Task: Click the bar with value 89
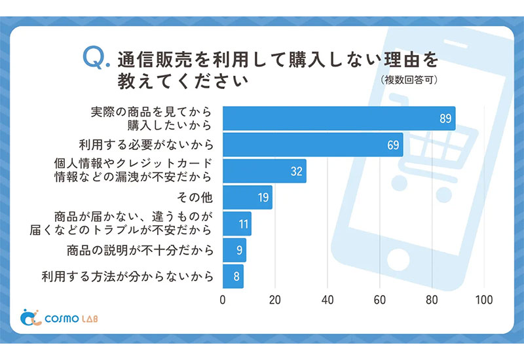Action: (x=339, y=118)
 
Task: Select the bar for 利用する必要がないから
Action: (x=312, y=145)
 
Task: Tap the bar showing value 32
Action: (x=264, y=171)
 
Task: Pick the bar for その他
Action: (x=247, y=197)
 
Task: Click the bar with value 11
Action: (x=236, y=223)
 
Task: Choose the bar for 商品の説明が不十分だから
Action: (x=234, y=249)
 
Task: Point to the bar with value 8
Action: (x=233, y=276)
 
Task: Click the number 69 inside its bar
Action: (x=393, y=145)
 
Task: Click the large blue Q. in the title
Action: (x=94, y=59)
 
